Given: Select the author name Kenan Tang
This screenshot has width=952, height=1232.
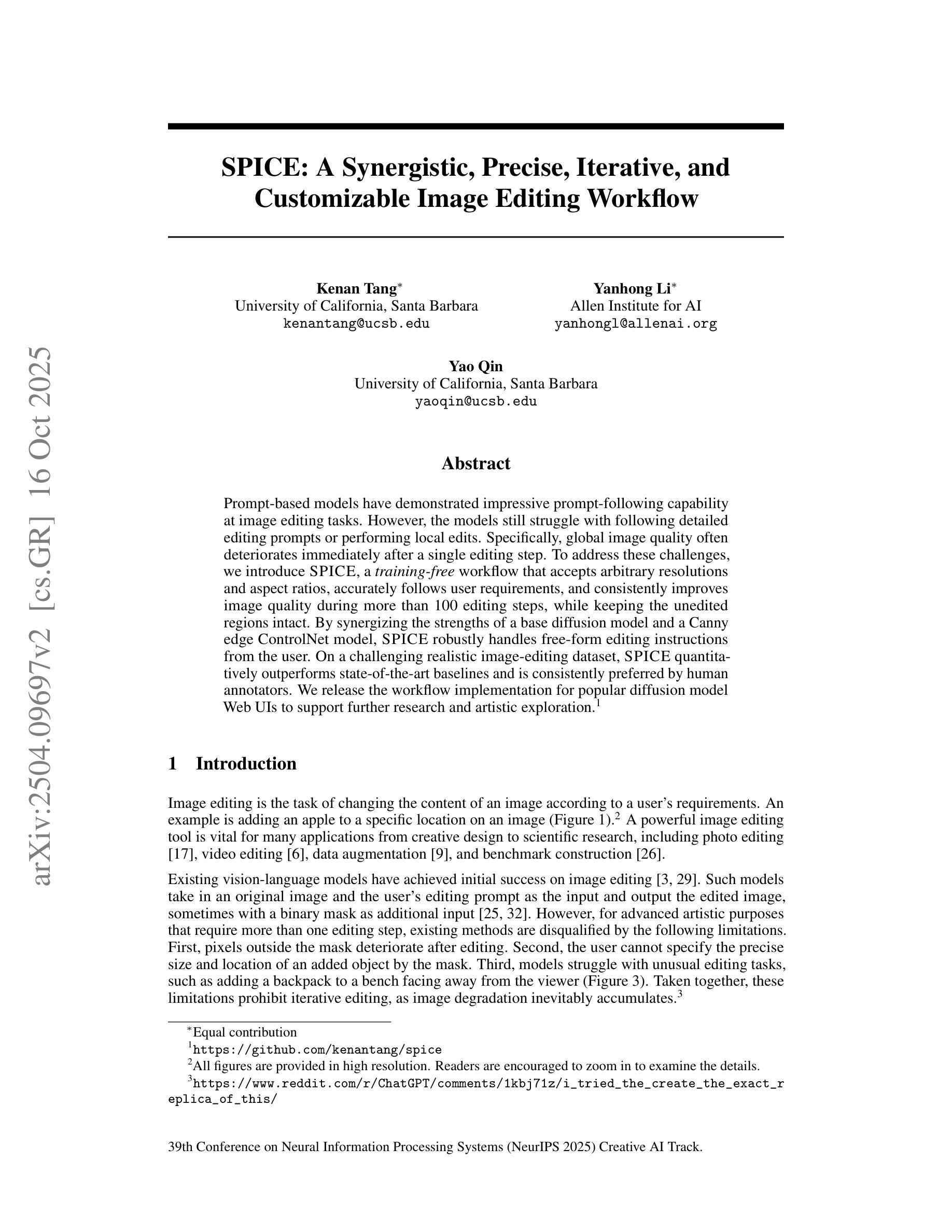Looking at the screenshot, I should pyautogui.click(x=356, y=289).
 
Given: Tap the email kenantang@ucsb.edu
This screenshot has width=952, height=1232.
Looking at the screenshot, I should pyautogui.click(x=356, y=324).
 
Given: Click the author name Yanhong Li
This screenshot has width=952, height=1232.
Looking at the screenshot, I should pyautogui.click(x=631, y=289).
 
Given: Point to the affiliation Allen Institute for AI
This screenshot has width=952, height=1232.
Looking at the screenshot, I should pyautogui.click(x=636, y=306).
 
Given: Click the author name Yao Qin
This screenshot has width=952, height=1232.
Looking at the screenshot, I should pyautogui.click(x=475, y=366).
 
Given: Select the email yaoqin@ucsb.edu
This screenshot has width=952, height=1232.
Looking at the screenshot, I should pyautogui.click(x=475, y=402).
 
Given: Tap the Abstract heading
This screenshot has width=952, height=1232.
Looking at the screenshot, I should pyautogui.click(x=475, y=464).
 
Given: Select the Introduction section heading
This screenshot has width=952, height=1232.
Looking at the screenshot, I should pyautogui.click(x=246, y=764).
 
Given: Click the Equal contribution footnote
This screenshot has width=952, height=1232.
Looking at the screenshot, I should pyautogui.click(x=244, y=1032).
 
